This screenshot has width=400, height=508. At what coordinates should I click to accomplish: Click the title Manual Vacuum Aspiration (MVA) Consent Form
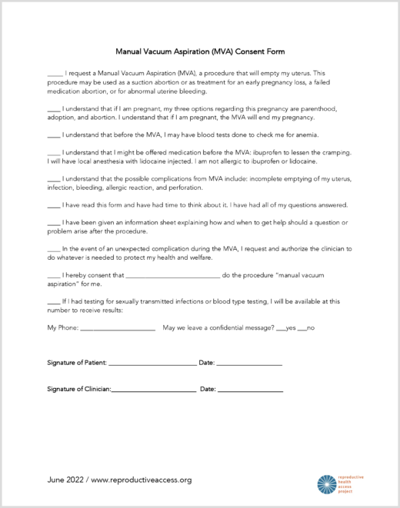[200, 52]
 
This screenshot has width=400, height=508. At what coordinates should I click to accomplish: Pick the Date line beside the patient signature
[249, 362]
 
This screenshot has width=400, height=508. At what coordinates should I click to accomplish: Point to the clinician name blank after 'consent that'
[172, 275]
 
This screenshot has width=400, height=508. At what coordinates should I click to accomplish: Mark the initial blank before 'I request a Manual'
[55, 73]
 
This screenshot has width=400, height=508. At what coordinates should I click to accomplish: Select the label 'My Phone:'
[62, 328]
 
